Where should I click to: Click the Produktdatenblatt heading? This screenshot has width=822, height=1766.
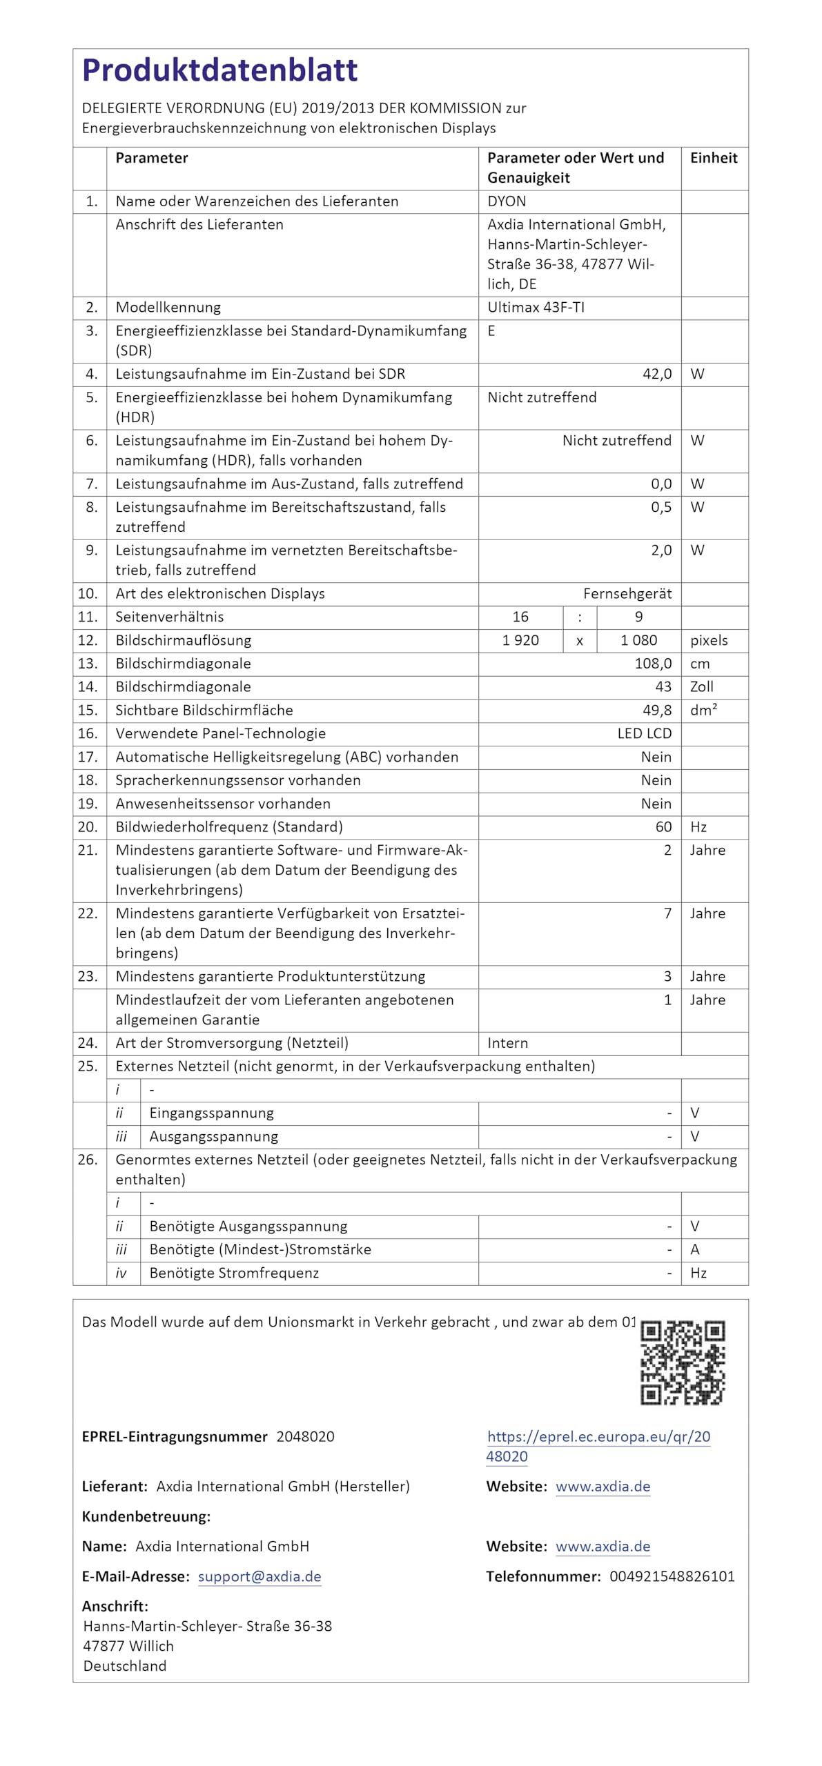tap(219, 70)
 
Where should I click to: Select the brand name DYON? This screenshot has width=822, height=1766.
tap(507, 201)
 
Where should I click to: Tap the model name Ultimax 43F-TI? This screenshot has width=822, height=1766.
tap(536, 308)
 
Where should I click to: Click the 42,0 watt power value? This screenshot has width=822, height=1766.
tap(656, 374)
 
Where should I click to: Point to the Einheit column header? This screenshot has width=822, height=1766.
tap(714, 158)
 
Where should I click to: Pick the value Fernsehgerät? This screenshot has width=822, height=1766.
tap(627, 594)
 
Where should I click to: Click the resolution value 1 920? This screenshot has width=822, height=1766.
tap(520, 640)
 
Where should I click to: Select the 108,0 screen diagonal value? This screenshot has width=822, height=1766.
tap(653, 664)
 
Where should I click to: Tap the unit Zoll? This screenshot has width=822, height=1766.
tap(702, 687)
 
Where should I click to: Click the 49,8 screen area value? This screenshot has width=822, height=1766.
tap(657, 711)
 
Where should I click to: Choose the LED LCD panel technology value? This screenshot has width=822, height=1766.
tap(644, 734)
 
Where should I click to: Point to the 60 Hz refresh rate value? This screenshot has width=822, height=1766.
tap(663, 827)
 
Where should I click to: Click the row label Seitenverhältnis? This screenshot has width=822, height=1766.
tap(169, 617)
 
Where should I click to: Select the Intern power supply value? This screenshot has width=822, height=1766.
tap(507, 1043)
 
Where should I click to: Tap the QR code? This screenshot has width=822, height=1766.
tap(683, 1362)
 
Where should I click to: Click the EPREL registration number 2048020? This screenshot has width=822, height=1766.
tap(305, 1437)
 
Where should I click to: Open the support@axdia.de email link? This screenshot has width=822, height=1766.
tap(260, 1577)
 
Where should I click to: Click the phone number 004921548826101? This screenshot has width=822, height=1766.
tap(672, 1577)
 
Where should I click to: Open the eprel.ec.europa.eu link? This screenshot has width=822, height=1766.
tap(598, 1437)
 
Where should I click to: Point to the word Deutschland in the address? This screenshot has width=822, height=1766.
tap(125, 1666)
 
